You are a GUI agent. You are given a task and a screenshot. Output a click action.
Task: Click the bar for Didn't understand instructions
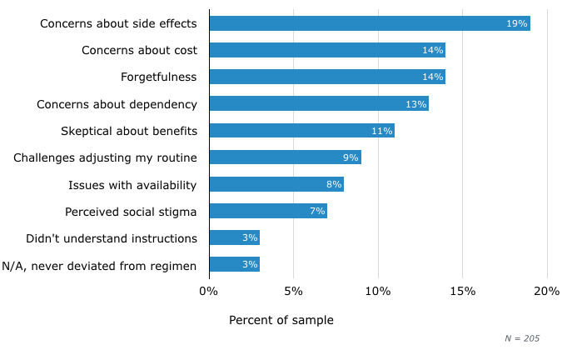point(234,237)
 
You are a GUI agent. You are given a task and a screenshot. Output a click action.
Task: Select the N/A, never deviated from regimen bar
point(234,265)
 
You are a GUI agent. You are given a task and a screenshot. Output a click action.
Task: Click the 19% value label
point(517,23)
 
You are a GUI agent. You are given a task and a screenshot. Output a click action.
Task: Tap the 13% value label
point(415,104)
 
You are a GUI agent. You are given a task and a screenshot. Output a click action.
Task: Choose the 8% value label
point(334,184)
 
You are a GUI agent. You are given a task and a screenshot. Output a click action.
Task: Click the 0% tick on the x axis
point(209,291)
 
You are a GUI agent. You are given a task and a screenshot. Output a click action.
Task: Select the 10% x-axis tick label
point(378,291)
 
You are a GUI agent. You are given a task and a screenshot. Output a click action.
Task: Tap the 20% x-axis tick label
point(547,291)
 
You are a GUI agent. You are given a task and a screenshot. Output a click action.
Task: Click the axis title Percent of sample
point(281,320)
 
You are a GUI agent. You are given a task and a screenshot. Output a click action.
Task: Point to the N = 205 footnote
point(522,338)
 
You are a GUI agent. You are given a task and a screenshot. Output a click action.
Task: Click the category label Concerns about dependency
point(117,104)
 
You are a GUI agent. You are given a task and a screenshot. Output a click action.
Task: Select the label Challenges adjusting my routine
point(105,157)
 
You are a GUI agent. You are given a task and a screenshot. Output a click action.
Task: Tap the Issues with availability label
point(132,184)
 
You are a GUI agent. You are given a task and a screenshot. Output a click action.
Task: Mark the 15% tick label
point(463,291)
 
